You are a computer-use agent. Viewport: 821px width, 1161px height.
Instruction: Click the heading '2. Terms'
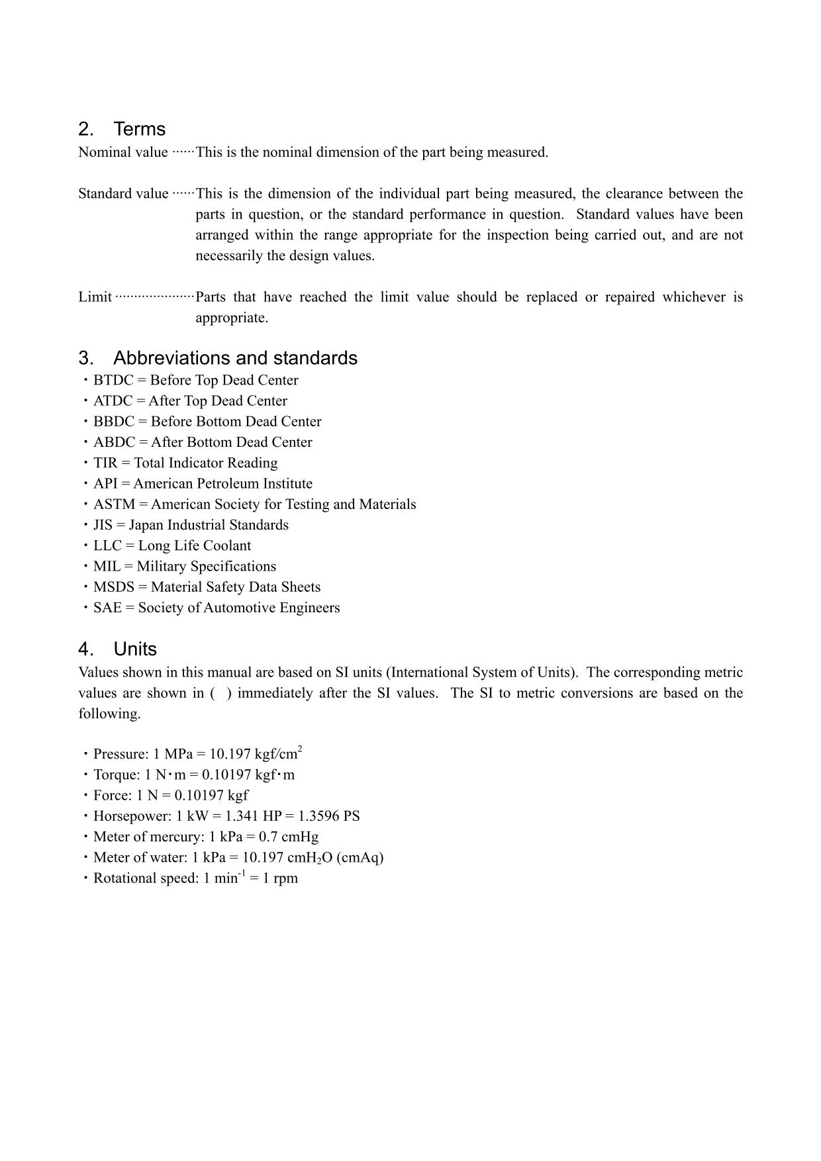(x=122, y=129)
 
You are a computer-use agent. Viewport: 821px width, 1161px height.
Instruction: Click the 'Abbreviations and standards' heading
(x=218, y=358)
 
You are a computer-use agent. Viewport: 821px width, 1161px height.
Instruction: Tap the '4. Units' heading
(x=118, y=649)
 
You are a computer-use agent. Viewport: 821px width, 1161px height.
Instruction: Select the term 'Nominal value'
(x=123, y=152)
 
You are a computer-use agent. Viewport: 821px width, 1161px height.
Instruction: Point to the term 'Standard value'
(x=123, y=194)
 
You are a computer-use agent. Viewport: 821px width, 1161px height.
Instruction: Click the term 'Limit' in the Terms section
(x=95, y=297)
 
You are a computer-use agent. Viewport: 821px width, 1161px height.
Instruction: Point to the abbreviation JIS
(x=103, y=525)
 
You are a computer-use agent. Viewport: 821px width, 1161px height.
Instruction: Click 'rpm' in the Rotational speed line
(x=285, y=878)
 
